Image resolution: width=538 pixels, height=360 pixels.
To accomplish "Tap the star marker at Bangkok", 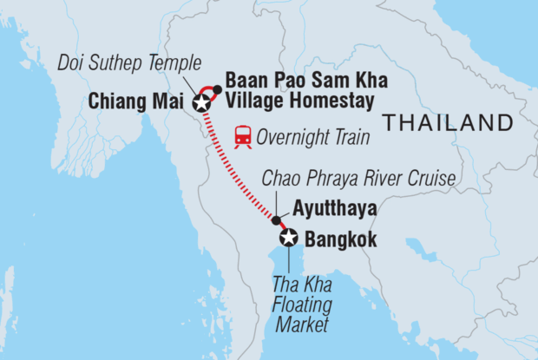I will tap(288, 237).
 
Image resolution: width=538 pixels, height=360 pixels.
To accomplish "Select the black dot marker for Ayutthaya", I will tap(276, 219).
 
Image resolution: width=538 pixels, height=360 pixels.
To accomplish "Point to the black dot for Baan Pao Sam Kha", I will tap(218, 89).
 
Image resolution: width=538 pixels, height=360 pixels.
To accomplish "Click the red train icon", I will tap(244, 135).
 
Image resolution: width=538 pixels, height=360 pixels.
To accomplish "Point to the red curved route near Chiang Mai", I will tap(207, 90).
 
